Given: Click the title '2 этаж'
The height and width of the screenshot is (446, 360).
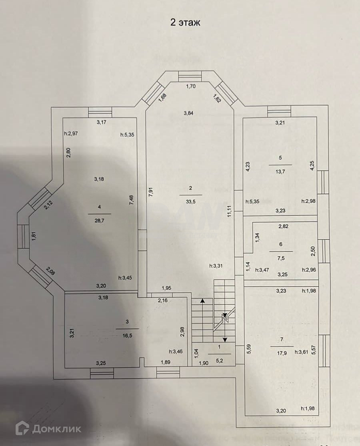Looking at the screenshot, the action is coord(185,23).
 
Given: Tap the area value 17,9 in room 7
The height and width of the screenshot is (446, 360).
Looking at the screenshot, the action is coord(282,352).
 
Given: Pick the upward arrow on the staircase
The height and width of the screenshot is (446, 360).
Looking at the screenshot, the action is coord(203,301).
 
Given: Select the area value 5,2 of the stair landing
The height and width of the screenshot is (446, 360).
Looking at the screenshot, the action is coord(219,360).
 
